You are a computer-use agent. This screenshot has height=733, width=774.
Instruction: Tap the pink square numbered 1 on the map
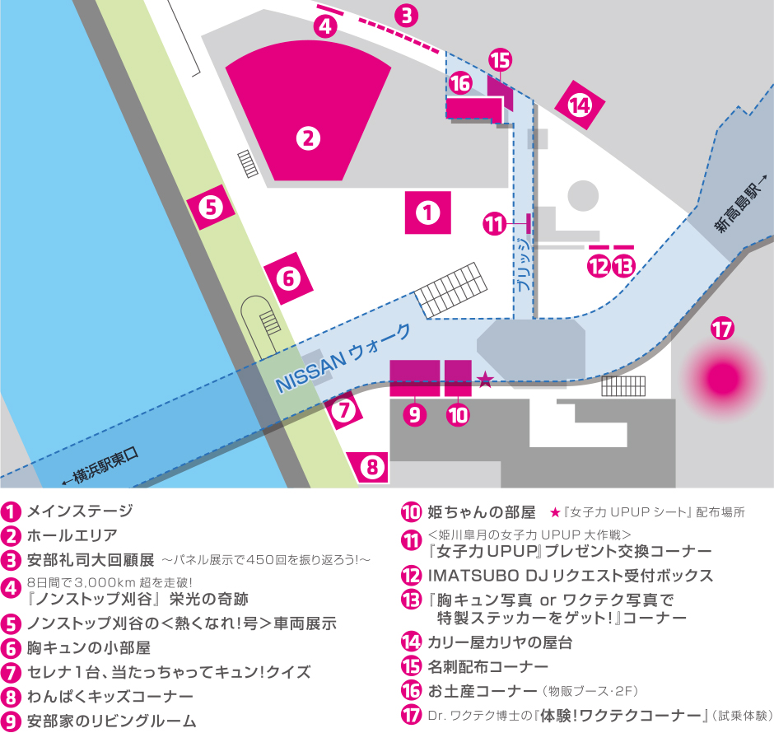coord(428,213)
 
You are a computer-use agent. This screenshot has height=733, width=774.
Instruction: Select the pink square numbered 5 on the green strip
coord(212,208)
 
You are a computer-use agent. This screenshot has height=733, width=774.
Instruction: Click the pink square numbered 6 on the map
coord(288,278)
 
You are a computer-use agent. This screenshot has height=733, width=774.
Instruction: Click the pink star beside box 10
coord(485,380)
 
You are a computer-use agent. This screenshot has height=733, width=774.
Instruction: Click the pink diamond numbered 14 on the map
coord(580,105)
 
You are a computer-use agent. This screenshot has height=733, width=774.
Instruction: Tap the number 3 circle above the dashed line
coord(406,15)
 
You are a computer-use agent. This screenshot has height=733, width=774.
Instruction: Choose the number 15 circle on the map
coord(500,60)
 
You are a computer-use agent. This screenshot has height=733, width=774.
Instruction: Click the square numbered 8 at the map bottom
coord(372,468)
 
